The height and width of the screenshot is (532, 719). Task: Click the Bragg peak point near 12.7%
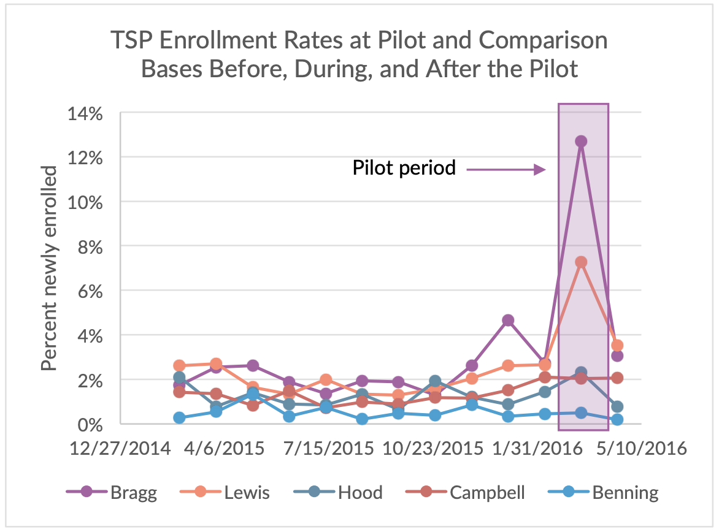pyautogui.click(x=581, y=142)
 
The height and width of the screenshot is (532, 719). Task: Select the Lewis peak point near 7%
pyautogui.click(x=581, y=262)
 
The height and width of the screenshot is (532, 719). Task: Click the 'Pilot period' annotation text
pyautogui.click(x=404, y=169)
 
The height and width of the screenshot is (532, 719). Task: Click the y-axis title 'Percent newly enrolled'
pyautogui.click(x=50, y=268)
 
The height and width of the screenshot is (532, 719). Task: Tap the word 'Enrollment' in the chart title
pyautogui.click(x=229, y=42)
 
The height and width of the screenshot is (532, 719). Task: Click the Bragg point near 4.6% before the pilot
pyautogui.click(x=508, y=320)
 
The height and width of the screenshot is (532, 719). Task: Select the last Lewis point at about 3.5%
pyautogui.click(x=617, y=346)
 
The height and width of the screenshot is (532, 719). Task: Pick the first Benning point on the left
pyautogui.click(x=179, y=417)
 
